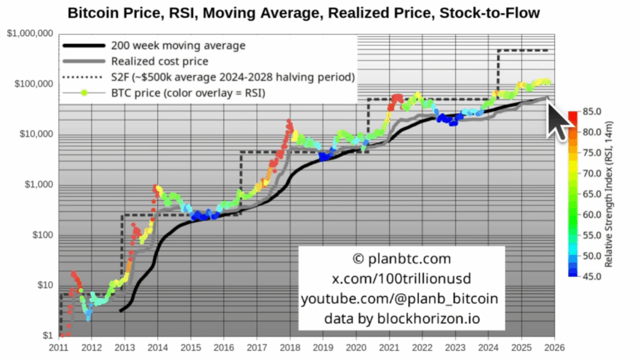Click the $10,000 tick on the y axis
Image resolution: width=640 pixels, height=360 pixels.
(36, 134)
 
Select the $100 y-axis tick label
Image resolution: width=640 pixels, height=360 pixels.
(41, 236)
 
